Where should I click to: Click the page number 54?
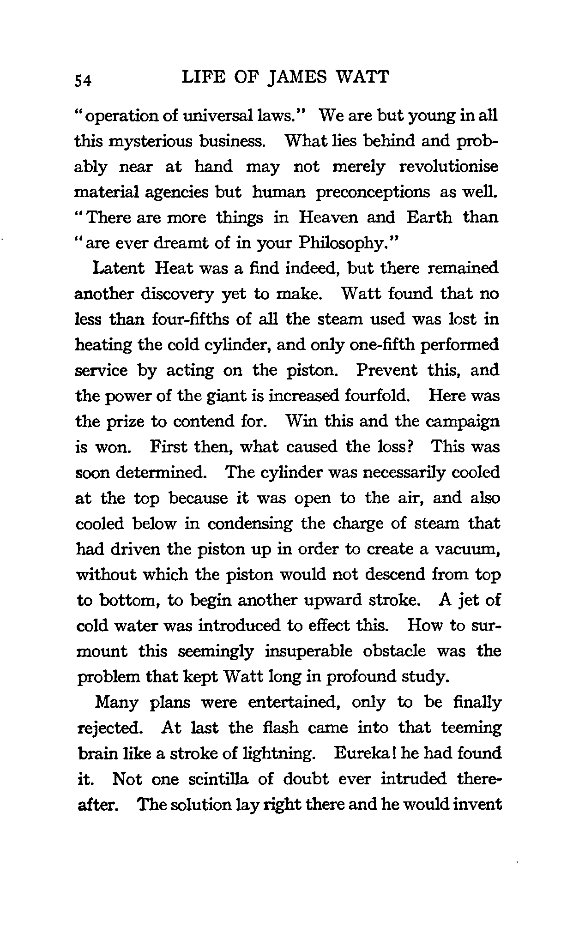(x=84, y=80)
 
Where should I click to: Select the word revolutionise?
(x=449, y=167)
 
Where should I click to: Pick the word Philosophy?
(x=346, y=243)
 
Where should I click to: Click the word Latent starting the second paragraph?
(x=119, y=268)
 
